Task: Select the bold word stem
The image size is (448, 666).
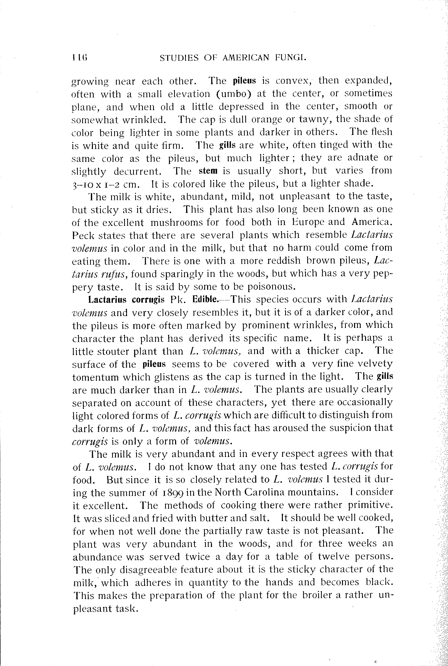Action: tap(208, 171)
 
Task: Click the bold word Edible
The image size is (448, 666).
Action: tap(205, 299)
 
